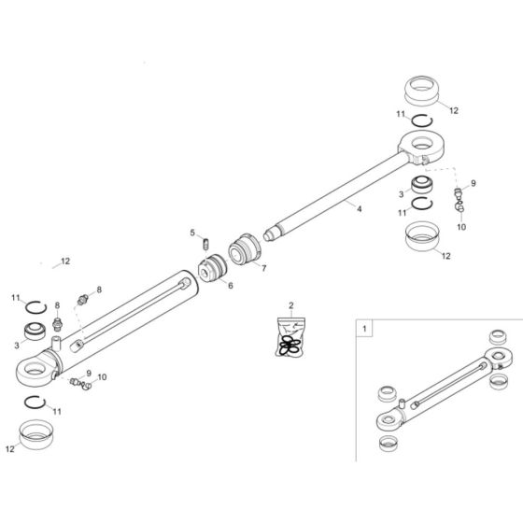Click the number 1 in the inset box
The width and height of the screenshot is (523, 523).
click(x=365, y=330)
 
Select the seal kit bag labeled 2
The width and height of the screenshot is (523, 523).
click(x=290, y=337)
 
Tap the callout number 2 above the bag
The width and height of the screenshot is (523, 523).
click(x=290, y=305)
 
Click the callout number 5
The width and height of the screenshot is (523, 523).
click(x=193, y=233)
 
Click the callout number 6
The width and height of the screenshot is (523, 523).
click(x=230, y=285)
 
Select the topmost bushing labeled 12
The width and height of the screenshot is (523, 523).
click(x=425, y=94)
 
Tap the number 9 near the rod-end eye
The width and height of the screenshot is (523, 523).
click(x=473, y=183)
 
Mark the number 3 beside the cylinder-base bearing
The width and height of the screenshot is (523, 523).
click(x=16, y=344)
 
